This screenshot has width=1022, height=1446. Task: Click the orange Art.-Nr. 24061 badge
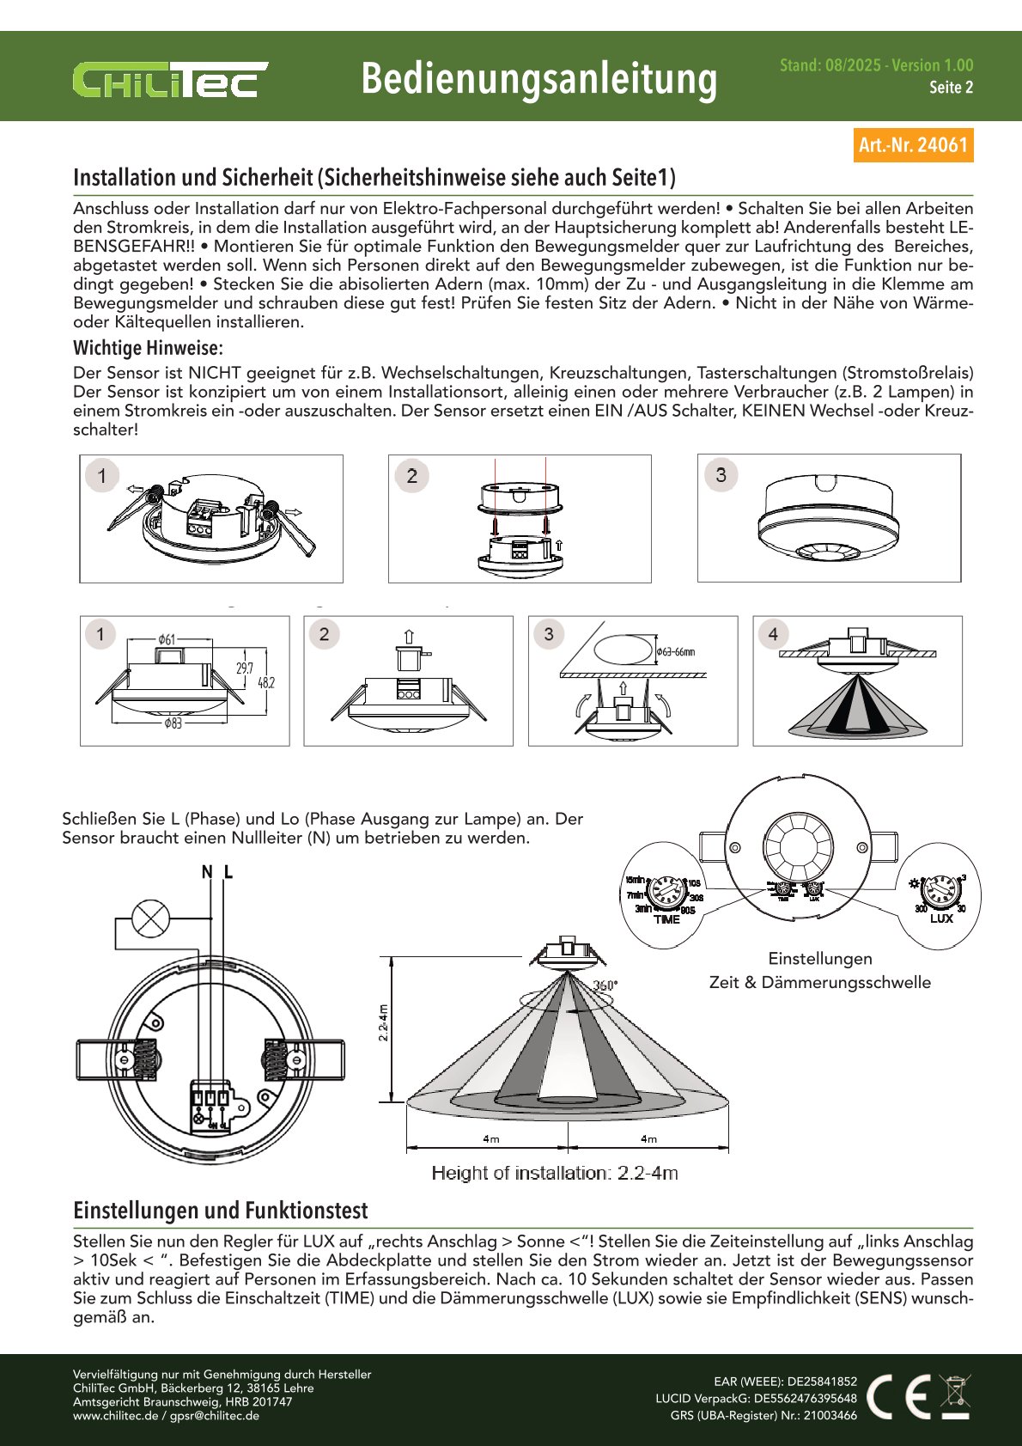913,145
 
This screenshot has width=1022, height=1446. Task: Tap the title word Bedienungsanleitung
538,79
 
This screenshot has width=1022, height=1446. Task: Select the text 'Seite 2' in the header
951,87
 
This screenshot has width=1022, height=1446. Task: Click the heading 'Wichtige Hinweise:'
148,348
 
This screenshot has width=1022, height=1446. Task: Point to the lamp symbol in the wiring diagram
151,918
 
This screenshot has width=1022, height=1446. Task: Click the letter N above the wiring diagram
207,872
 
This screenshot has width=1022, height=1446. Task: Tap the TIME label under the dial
666,919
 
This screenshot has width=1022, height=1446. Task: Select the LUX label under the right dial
941,918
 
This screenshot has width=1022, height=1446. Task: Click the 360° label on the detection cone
605,985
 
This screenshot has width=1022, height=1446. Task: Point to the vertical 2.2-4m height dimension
384,1022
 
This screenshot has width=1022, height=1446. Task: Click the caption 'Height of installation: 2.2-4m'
555,1173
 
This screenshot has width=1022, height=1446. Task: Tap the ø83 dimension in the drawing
173,723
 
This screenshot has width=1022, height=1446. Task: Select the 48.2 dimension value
266,682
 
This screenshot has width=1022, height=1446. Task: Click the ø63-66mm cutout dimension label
676,652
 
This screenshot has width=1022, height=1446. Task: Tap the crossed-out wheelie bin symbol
955,1396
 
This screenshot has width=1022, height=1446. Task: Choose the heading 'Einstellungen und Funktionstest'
220,1211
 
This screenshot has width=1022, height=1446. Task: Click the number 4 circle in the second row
773,634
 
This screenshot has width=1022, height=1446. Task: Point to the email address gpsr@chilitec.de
214,1415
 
